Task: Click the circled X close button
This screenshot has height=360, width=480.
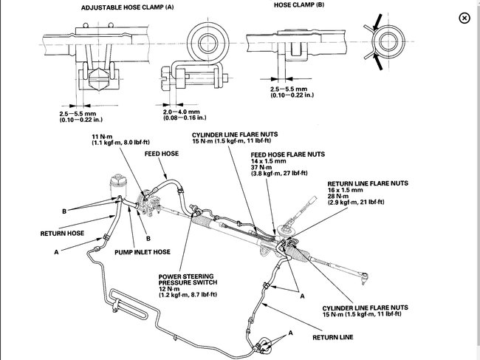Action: [463, 18]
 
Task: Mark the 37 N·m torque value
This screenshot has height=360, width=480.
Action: [261, 166]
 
